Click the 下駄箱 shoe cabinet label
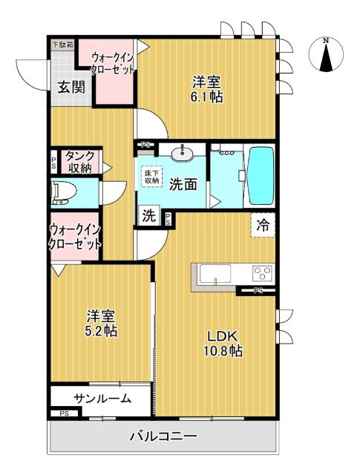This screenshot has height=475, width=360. point(63,45)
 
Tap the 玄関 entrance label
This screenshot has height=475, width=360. point(71,88)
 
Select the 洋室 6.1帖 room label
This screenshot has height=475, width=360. point(207,89)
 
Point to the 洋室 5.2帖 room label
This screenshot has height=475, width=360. point(102,323)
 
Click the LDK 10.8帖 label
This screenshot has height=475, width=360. point(223,343)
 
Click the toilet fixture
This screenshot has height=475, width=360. point(63,193)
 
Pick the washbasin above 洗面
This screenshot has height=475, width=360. point(182,152)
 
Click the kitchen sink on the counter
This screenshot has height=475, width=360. point(215,274)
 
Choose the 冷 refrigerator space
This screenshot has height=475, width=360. point(263,225)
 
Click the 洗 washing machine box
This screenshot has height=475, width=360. point(148,215)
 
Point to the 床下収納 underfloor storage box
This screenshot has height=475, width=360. point(151,176)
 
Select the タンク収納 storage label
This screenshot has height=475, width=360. point(79,162)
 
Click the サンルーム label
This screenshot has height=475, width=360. point(102,399)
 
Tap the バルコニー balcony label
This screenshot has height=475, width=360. point(163,436)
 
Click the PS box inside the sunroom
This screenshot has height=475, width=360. point(65,413)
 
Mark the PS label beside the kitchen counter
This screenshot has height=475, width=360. point(258,291)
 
